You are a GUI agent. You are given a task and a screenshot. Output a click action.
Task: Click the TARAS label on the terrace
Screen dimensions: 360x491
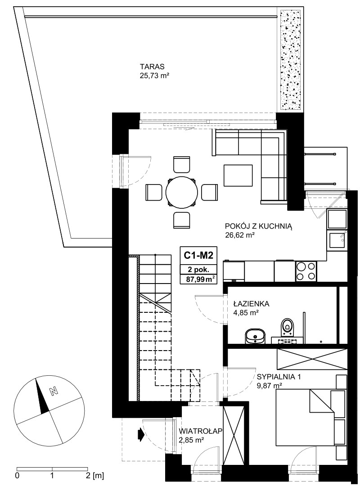pyautogui.click(x=152, y=67)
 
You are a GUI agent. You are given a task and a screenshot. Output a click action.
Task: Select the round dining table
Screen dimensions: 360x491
pyautogui.click(x=181, y=192)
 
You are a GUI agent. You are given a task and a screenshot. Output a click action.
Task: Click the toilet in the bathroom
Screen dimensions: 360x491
pyautogui.click(x=287, y=328)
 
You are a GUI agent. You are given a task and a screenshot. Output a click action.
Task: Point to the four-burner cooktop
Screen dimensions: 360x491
pyautogui.click(x=306, y=271)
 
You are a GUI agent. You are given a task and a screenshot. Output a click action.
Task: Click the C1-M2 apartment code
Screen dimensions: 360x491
pyautogui.click(x=198, y=256)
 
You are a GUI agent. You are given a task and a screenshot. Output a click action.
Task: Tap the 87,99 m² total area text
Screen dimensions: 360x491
pyautogui.click(x=200, y=279)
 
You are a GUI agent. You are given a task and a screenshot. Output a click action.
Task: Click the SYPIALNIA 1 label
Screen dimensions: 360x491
pyautogui.click(x=279, y=377)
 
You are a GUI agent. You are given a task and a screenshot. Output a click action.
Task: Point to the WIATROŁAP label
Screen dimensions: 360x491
pyautogui.click(x=201, y=431)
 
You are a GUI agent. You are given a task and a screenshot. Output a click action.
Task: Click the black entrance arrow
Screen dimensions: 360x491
pyautogui.click(x=140, y=435)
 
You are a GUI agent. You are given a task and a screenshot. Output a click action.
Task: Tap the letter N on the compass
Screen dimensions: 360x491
pyautogui.click(x=54, y=391)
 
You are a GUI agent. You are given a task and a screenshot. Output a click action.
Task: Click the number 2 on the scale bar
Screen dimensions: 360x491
pyautogui.click(x=87, y=476)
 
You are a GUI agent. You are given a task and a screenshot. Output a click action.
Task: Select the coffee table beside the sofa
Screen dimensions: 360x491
pyautogui.click(x=238, y=175)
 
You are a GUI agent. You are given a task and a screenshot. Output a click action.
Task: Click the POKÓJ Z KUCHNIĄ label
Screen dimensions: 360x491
pyautogui.click(x=259, y=226)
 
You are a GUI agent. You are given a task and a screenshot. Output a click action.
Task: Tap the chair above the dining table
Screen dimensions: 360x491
pyautogui.click(x=181, y=164)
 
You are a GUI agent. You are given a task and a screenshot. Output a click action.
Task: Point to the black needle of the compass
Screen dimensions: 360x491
pyautogui.click(x=42, y=396)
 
